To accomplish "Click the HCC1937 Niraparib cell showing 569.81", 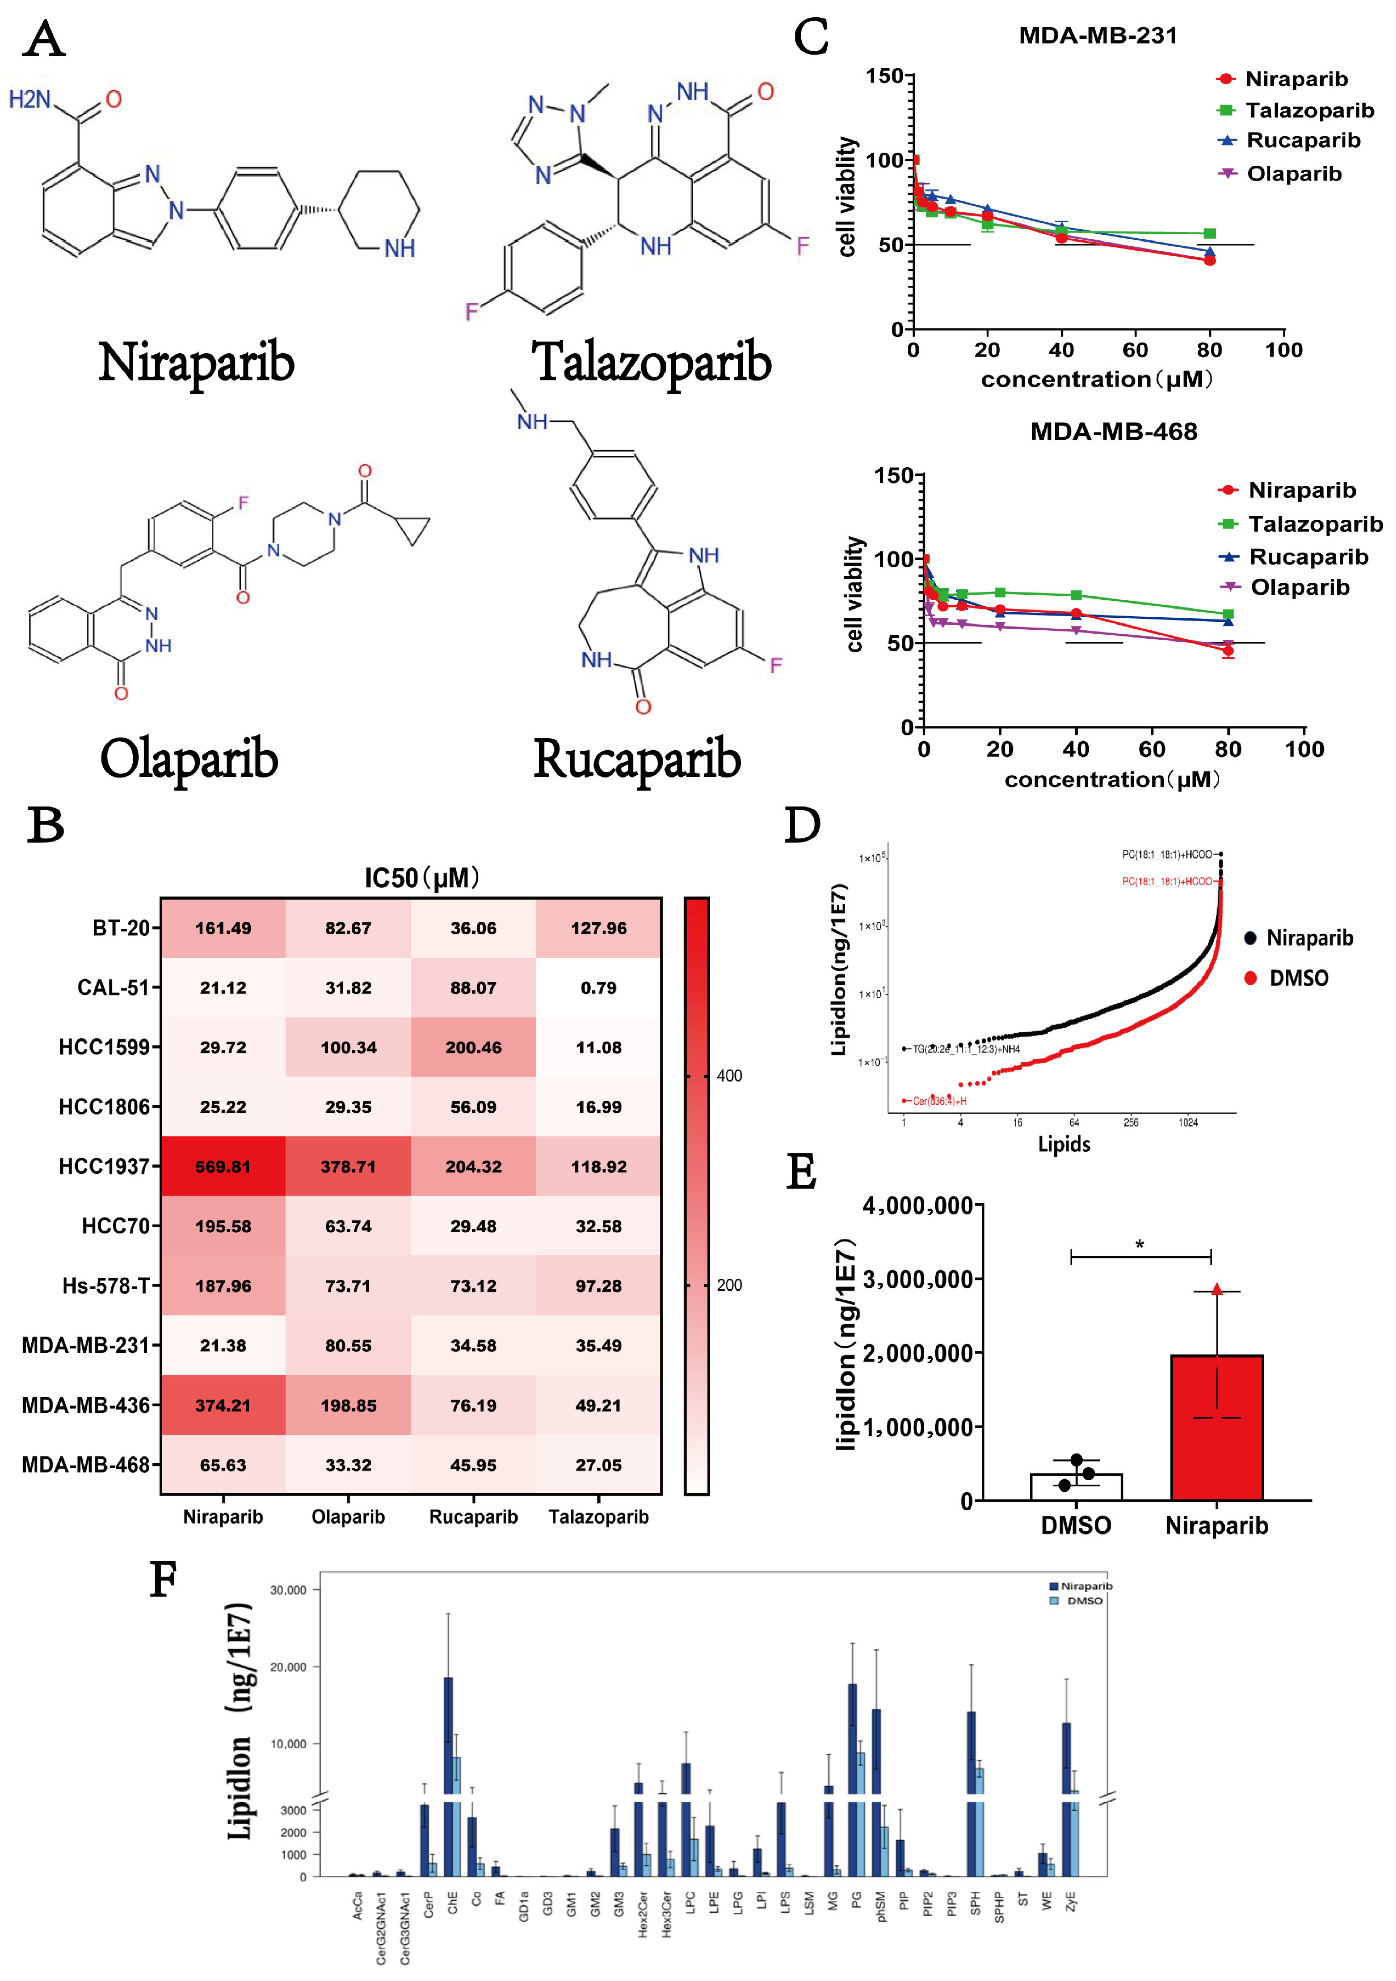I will [223, 1166].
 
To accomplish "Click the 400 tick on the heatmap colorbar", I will [729, 1076].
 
